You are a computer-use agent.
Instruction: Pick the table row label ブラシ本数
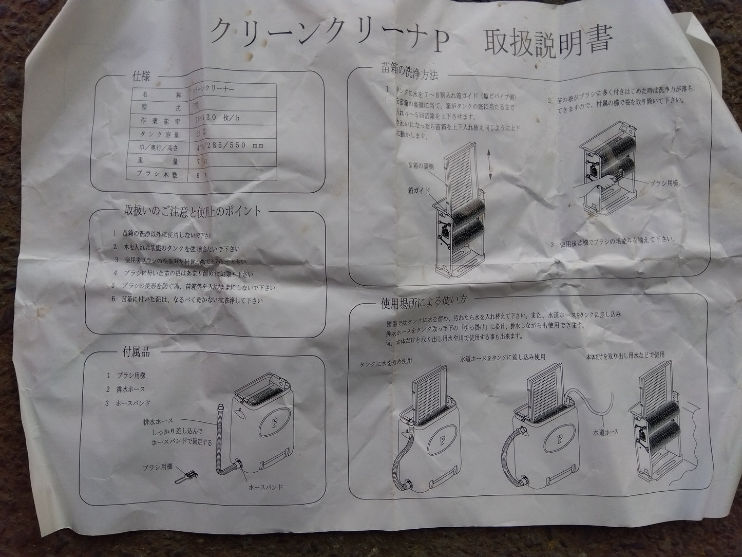(154, 175)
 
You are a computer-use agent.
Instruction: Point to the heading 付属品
(136, 352)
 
